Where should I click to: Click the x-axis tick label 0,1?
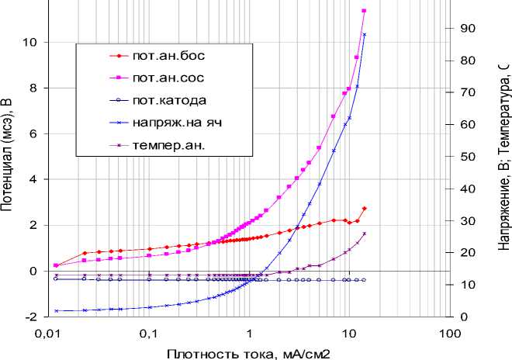(148, 334)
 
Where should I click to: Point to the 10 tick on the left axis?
(29, 42)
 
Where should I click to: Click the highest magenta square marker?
(365, 11)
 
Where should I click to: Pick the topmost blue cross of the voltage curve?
(365, 34)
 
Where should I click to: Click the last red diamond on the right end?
(365, 209)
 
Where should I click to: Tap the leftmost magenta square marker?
(56, 265)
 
